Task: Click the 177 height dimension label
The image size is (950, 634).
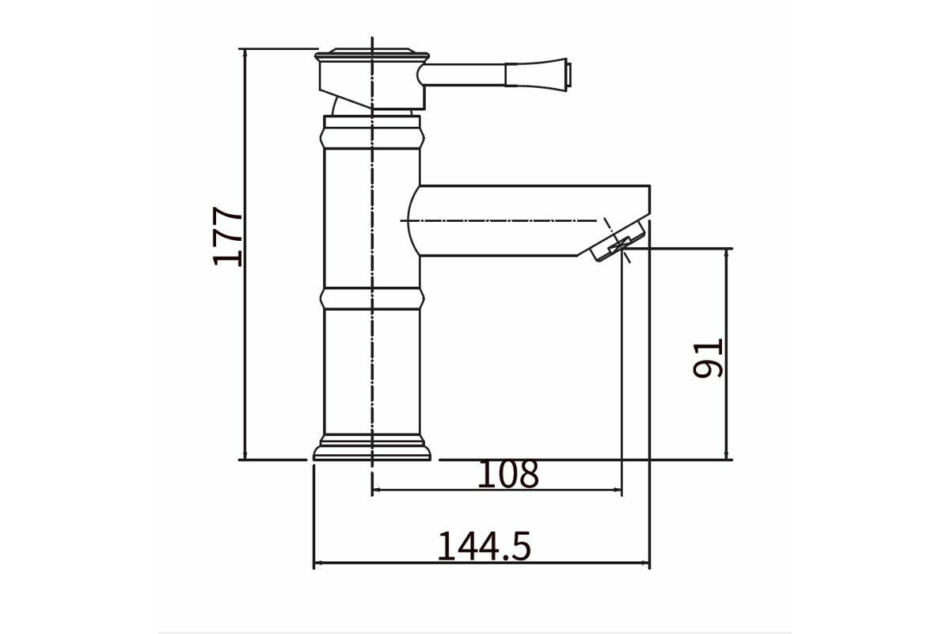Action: [x=227, y=236]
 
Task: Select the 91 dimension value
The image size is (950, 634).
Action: [x=707, y=358]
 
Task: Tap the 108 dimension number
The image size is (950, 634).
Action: [x=508, y=474]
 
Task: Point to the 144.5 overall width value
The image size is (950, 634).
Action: [x=484, y=546]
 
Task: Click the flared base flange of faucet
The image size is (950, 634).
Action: [x=372, y=447]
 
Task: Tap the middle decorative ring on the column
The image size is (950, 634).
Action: [x=372, y=299]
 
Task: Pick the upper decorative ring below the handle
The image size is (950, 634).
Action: [x=372, y=138]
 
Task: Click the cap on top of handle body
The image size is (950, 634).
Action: [x=372, y=55]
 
